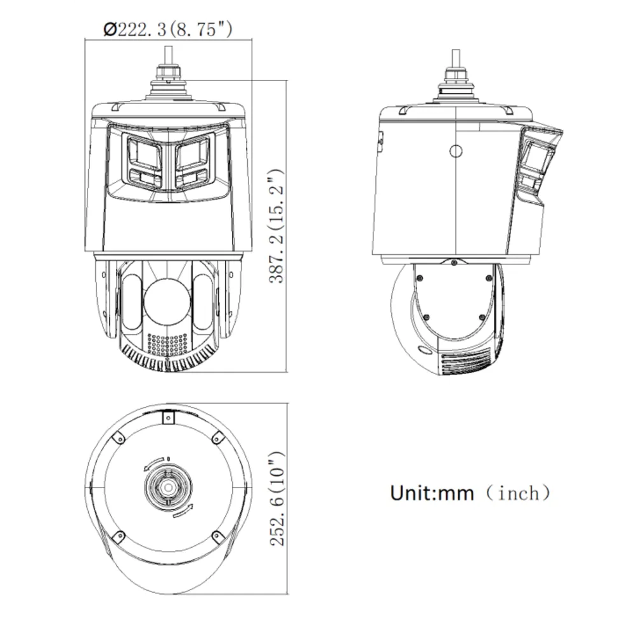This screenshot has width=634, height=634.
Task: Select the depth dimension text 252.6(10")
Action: click(277, 498)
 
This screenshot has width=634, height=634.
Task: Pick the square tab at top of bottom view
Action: click(169, 417)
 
